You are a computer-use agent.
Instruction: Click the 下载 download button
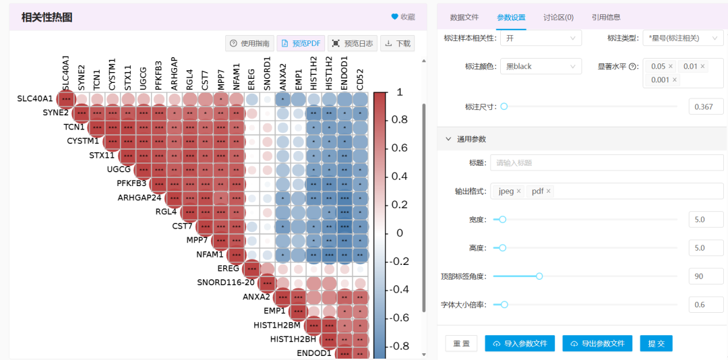tap(397, 44)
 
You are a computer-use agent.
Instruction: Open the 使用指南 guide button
tap(250, 44)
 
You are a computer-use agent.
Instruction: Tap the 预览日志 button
tap(353, 44)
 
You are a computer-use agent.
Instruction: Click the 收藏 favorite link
tap(403, 17)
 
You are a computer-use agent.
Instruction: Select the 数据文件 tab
tap(464, 18)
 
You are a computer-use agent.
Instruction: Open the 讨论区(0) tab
tap(558, 18)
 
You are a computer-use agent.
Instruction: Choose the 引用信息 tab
tap(606, 18)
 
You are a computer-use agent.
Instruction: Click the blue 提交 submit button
tap(656, 343)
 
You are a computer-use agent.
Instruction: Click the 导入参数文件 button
tap(520, 343)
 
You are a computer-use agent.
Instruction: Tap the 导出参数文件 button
tap(597, 343)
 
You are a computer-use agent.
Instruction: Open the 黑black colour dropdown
tap(541, 67)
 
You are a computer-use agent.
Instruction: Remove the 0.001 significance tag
tap(675, 80)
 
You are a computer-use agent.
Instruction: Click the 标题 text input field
tap(607, 162)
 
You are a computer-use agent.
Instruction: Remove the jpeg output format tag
tap(518, 191)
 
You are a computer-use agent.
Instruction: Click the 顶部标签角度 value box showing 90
tap(706, 276)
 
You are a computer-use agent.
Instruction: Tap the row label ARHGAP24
tap(140, 198)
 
